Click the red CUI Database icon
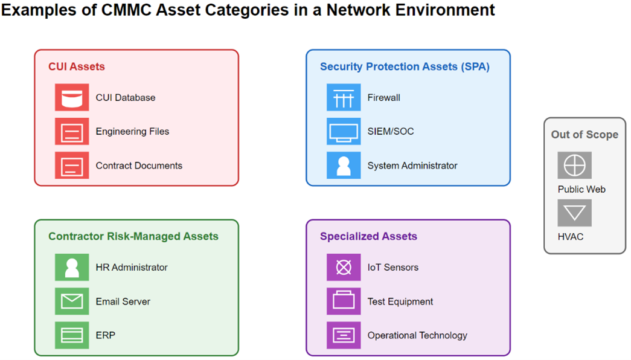(x=72, y=97)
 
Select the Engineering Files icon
(x=72, y=131)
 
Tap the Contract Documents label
(x=139, y=166)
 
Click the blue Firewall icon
(x=344, y=97)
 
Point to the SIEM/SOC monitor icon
(x=344, y=131)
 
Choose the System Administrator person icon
(x=344, y=165)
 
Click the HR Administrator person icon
(x=72, y=267)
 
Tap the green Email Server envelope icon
(x=72, y=301)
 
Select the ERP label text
(x=106, y=335)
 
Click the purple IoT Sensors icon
(x=344, y=267)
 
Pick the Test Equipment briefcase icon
(x=344, y=301)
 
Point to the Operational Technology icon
(x=344, y=335)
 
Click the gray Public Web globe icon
(x=575, y=165)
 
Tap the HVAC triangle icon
(x=575, y=213)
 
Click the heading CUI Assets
(x=77, y=66)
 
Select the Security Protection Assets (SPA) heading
(x=405, y=66)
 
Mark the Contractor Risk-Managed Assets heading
(x=133, y=236)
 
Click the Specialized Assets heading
(x=368, y=236)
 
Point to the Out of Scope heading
(x=585, y=135)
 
